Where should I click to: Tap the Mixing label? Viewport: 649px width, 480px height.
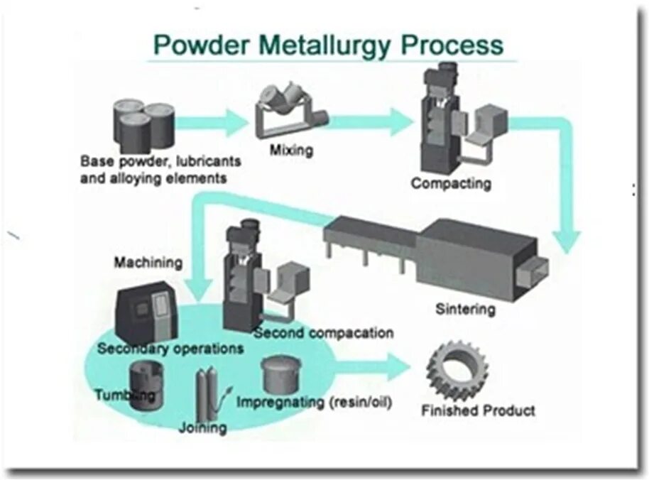[x=291, y=151]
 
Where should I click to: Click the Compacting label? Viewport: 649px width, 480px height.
[x=451, y=183]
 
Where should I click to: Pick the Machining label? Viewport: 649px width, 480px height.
[x=148, y=263]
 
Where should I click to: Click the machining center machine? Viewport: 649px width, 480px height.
[x=147, y=310]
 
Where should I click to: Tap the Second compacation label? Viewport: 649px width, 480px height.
[x=324, y=332]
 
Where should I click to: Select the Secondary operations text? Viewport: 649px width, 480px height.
[x=170, y=349]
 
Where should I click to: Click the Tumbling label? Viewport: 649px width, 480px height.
[x=124, y=395]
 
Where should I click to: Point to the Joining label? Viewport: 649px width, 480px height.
[x=203, y=427]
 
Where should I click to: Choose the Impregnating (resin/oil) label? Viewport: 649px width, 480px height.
[x=315, y=403]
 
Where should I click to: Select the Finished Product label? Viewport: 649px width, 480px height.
[x=479, y=410]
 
